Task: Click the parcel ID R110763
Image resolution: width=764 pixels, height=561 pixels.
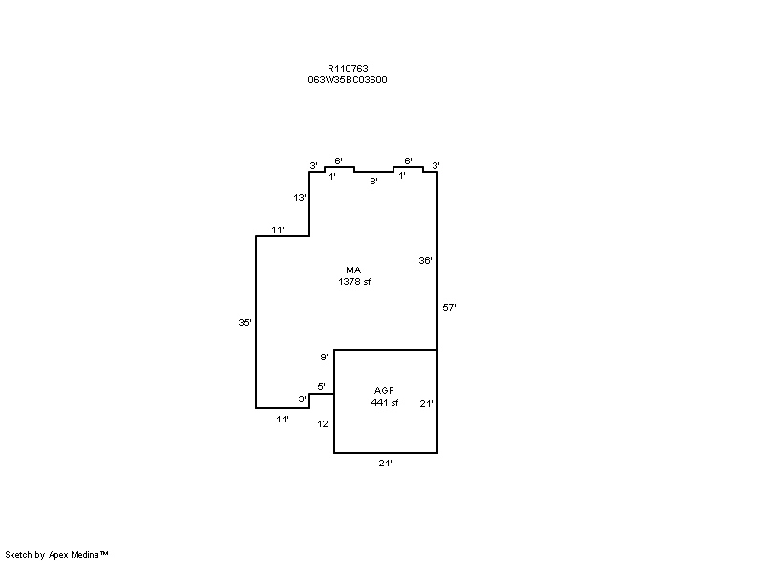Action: [348, 69]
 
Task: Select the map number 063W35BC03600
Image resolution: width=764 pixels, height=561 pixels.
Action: [348, 80]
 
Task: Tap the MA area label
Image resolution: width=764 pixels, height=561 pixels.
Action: [353, 270]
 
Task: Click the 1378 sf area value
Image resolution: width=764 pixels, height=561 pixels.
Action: [354, 282]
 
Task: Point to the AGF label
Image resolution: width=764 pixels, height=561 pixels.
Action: [384, 391]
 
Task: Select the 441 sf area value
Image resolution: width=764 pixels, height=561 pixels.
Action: [385, 403]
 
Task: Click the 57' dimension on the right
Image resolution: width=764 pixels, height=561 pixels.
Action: [449, 307]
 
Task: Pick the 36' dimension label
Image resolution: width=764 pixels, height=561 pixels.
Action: [425, 260]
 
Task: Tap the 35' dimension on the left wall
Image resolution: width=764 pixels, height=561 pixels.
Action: [245, 322]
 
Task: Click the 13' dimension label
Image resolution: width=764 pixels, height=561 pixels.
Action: [300, 198]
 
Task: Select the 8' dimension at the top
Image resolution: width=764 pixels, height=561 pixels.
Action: [373, 182]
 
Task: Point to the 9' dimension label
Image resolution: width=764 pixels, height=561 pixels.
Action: [324, 357]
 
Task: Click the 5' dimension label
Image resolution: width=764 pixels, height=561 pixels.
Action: [322, 386]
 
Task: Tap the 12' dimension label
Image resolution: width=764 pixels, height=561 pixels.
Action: [324, 424]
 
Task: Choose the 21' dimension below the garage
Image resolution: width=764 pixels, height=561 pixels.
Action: [386, 463]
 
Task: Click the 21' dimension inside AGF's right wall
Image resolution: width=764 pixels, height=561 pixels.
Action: [426, 403]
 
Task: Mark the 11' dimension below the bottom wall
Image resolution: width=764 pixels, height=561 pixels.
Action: [283, 420]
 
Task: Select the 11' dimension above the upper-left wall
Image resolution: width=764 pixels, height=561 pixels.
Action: [278, 230]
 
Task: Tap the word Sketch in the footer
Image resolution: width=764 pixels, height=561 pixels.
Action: [19, 555]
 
